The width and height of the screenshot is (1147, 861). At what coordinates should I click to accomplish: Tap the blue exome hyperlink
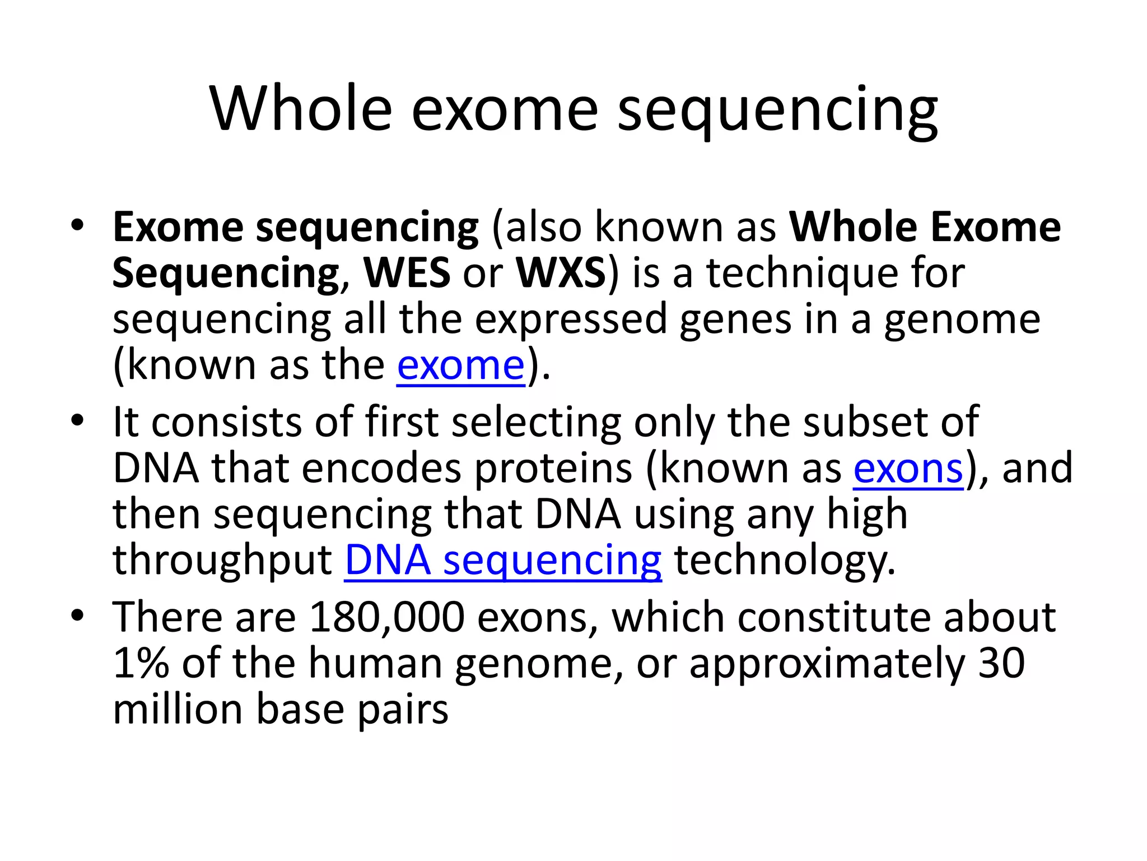(460, 365)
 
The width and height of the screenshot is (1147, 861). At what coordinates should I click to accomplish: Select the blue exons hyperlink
(908, 468)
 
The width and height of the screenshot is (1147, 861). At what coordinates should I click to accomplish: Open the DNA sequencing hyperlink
(502, 560)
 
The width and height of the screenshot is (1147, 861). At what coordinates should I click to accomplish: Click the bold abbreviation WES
(407, 273)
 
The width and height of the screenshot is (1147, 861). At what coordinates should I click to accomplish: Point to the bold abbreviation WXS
(561, 273)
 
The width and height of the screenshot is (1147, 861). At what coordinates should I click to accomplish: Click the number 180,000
(386, 617)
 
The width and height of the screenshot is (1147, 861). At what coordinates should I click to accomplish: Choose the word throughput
(222, 561)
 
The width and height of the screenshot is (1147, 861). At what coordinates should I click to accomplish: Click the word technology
(785, 561)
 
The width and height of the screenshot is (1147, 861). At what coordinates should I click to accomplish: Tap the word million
(178, 709)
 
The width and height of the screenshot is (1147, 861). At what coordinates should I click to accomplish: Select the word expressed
(571, 320)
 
